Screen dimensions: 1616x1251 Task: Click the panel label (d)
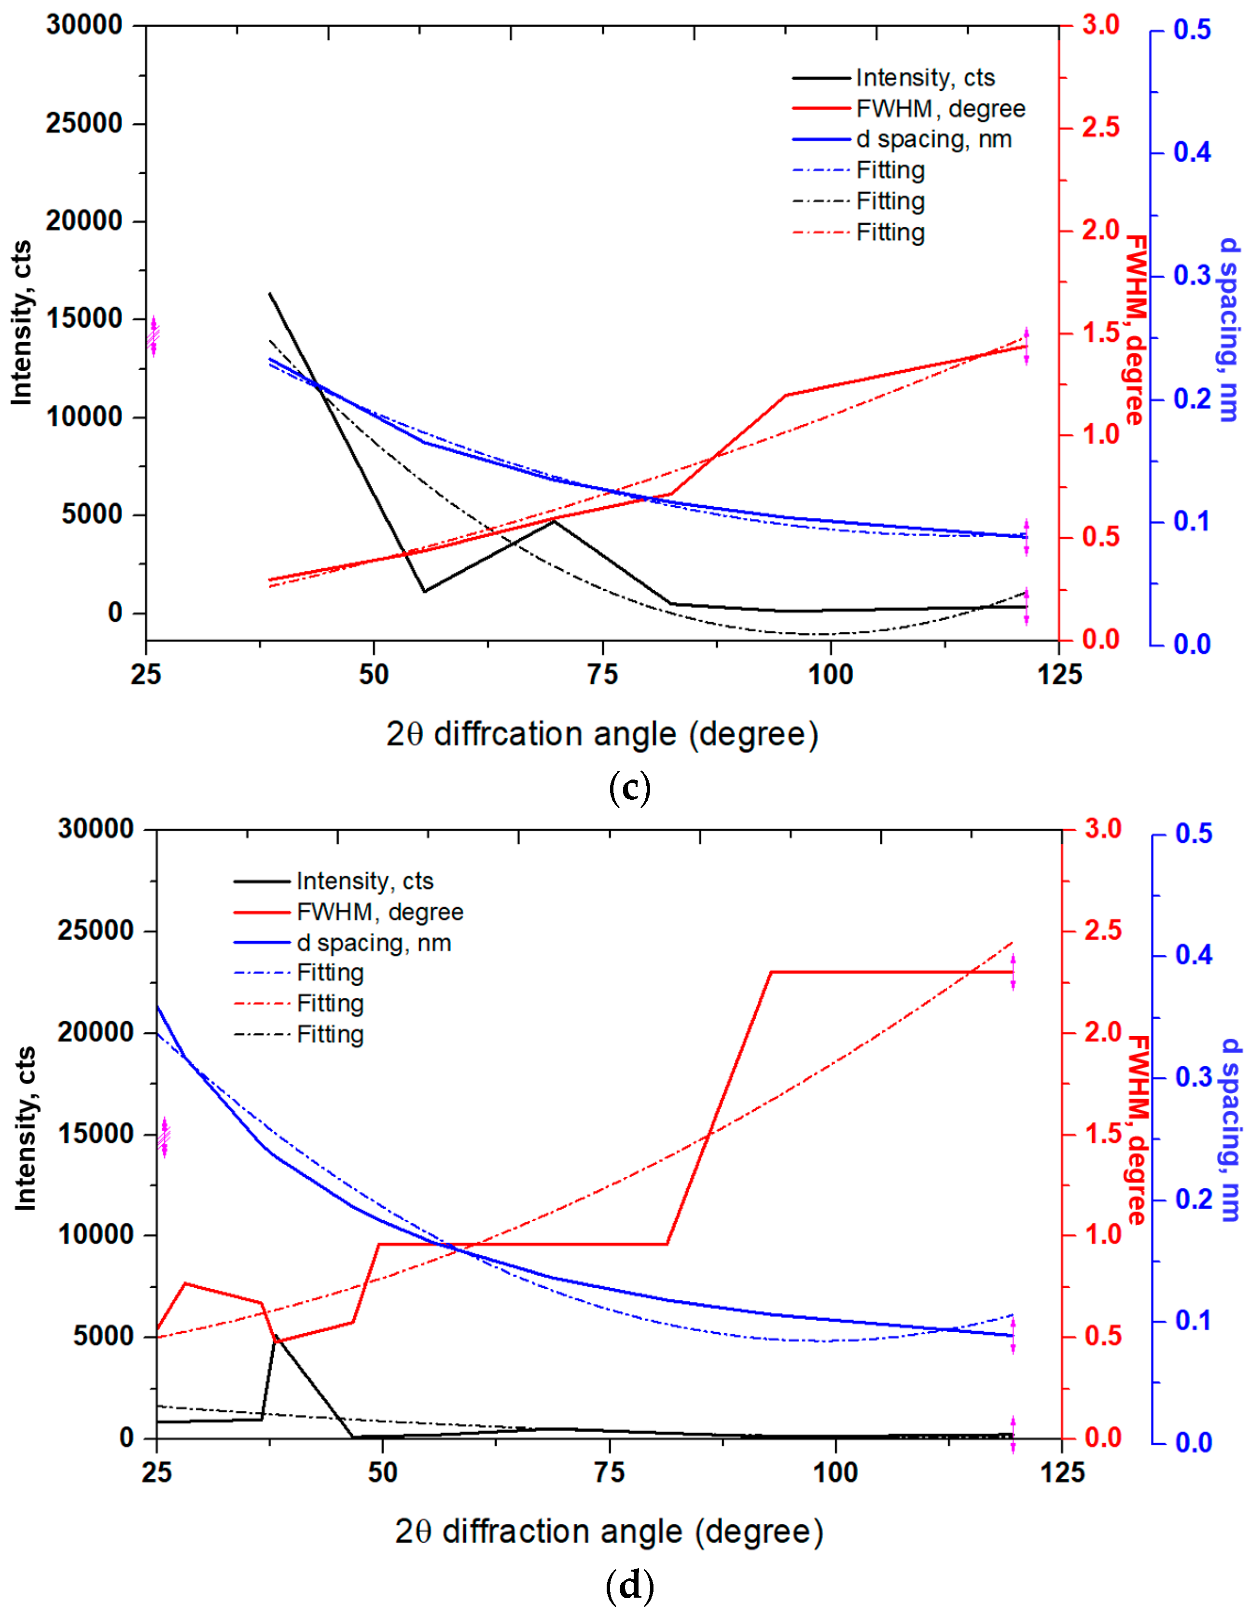pyautogui.click(x=629, y=1585)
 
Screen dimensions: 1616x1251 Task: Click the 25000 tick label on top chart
pyautogui.click(x=83, y=124)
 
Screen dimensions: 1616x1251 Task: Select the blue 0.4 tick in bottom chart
pyautogui.click(x=1193, y=955)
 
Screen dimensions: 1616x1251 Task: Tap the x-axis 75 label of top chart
pyautogui.click(x=602, y=674)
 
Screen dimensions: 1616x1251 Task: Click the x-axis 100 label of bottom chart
pyautogui.click(x=835, y=1473)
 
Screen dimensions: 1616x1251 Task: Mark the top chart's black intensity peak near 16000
pyautogui.click(x=270, y=294)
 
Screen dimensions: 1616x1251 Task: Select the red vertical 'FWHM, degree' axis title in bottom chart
pyautogui.click(x=1136, y=1129)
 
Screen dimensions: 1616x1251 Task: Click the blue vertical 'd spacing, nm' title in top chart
pyautogui.click(x=1228, y=329)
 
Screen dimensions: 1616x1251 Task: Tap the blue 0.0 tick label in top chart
pyautogui.click(x=1192, y=644)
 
